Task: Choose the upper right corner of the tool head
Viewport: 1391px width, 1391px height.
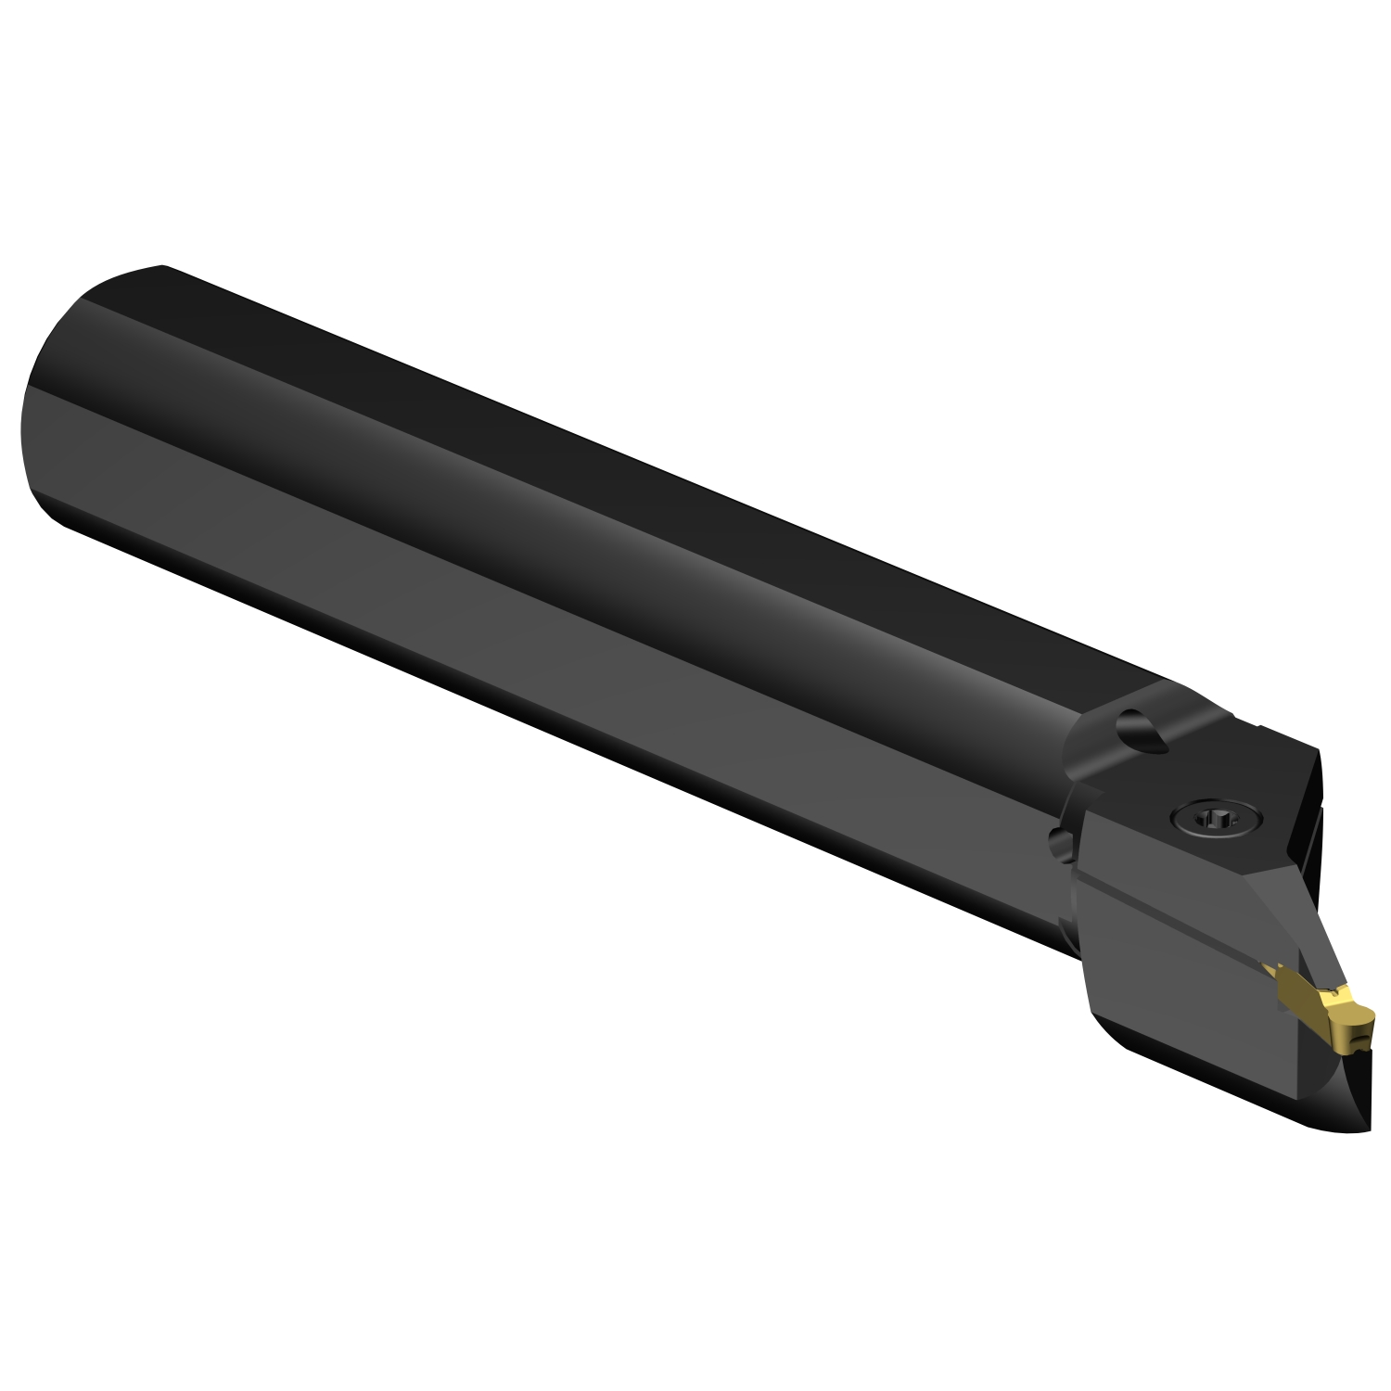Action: [x=1317, y=751]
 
